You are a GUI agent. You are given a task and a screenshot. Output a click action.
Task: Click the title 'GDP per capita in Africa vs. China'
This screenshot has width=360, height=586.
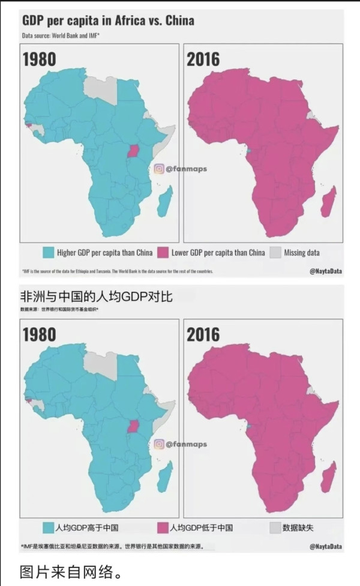108,21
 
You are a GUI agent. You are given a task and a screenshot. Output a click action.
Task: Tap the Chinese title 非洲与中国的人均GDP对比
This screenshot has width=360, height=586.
97,297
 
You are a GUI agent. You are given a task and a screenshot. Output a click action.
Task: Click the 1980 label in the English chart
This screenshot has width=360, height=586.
40,59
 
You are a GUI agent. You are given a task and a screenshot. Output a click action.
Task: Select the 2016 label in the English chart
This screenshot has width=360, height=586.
203,59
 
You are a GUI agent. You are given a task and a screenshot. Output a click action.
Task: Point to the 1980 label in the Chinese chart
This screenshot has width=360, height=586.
40,334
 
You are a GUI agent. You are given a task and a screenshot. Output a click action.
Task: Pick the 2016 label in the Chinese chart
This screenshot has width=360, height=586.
203,334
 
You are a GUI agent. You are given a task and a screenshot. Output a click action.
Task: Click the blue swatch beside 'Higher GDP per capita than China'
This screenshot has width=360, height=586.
49,253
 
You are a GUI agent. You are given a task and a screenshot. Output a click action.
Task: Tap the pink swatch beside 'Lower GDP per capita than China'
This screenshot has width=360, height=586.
163,253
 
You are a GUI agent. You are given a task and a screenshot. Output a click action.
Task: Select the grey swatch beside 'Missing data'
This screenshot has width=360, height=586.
275,253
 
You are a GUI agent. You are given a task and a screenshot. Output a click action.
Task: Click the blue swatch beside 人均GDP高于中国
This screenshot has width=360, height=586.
49,528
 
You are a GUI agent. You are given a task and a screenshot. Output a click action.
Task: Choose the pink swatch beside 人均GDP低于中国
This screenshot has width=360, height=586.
163,528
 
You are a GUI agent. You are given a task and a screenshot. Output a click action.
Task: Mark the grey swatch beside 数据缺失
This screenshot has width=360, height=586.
275,528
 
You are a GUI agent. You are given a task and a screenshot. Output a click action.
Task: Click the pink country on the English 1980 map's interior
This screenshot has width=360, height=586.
133,151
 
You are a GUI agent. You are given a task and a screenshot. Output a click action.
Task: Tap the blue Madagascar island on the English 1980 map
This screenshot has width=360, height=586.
164,202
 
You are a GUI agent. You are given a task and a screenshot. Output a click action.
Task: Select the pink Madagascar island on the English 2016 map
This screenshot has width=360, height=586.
328,202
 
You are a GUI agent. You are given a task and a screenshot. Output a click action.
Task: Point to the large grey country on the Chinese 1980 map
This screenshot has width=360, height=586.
100,364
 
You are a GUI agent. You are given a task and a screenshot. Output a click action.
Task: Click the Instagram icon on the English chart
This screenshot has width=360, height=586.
159,169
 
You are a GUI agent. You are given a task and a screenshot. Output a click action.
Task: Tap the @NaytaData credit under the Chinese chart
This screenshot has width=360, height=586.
326,546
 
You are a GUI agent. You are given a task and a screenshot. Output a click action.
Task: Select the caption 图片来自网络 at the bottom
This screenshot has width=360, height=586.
71,571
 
